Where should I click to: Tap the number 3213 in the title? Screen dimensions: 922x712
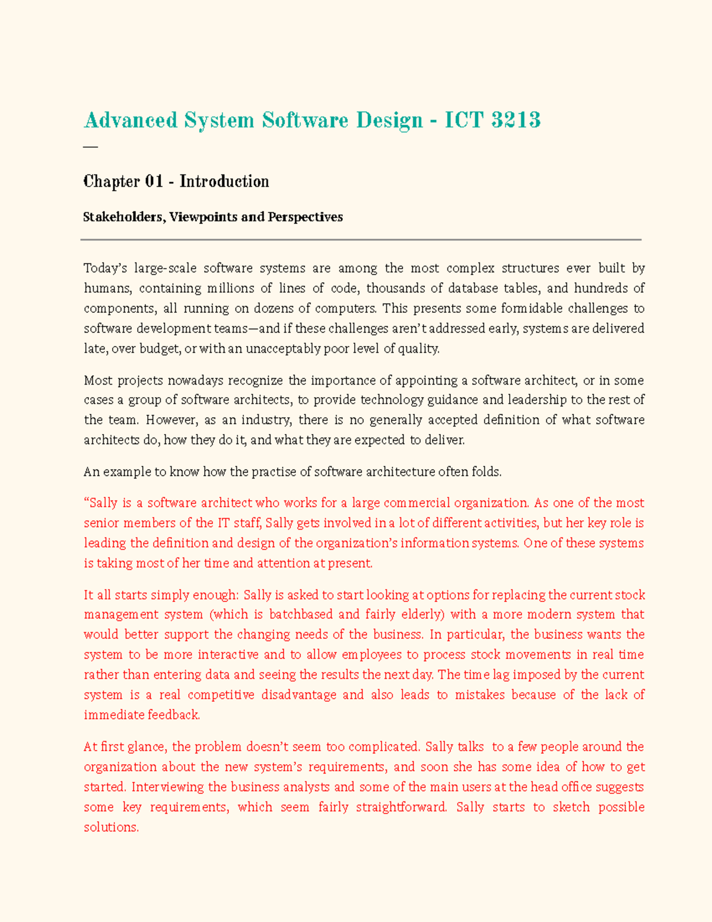[516, 121]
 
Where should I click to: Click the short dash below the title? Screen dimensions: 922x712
[90, 146]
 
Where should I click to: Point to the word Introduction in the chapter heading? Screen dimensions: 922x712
[224, 182]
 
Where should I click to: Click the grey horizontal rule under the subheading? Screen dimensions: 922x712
[361, 240]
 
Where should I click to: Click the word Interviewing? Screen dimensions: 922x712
[168, 787]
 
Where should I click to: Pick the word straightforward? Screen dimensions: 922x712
[401, 807]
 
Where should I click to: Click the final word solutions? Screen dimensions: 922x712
[111, 828]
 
